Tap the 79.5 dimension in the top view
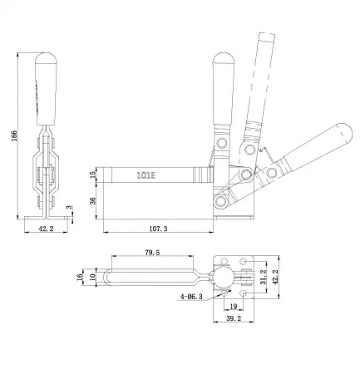tap(152, 250)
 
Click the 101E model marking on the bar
tap(150, 175)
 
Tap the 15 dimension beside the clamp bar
tap(94, 175)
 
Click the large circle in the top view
tap(226, 274)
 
